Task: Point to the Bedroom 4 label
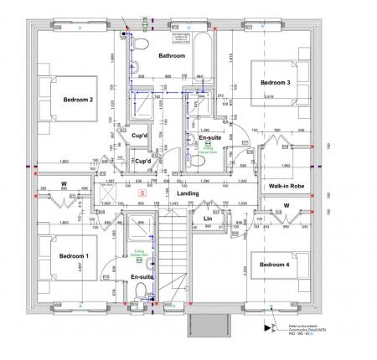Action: click(274, 265)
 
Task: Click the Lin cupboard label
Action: click(208, 219)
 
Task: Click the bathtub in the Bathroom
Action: click(201, 59)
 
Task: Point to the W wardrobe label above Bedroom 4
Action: click(286, 204)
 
